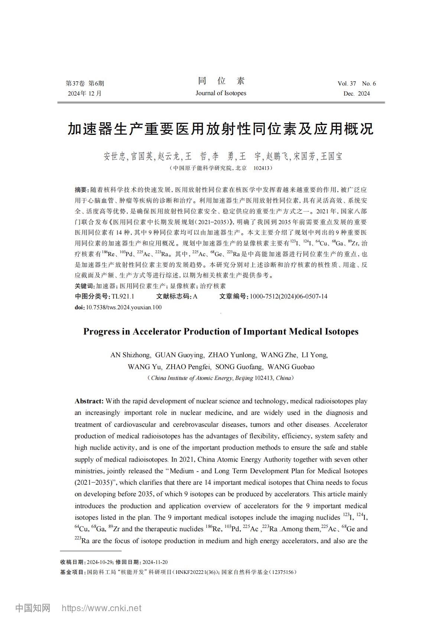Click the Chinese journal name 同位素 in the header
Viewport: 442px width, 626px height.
click(221, 81)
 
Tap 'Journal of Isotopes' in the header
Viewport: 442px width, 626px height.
click(221, 93)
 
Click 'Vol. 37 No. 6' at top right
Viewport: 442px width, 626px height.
click(357, 83)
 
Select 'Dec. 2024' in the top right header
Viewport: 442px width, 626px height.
click(357, 94)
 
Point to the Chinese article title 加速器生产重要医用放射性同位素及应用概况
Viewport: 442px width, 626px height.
click(221, 129)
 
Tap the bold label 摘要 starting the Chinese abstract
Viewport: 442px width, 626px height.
click(81, 190)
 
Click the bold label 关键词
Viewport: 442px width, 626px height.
click(85, 286)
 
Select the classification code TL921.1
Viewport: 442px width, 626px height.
click(123, 296)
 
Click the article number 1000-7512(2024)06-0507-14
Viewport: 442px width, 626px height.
click(289, 296)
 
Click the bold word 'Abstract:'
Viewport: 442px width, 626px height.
click(89, 401)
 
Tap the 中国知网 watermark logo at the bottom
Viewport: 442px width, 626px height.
click(33, 608)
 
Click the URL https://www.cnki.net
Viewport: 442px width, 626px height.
click(101, 608)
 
